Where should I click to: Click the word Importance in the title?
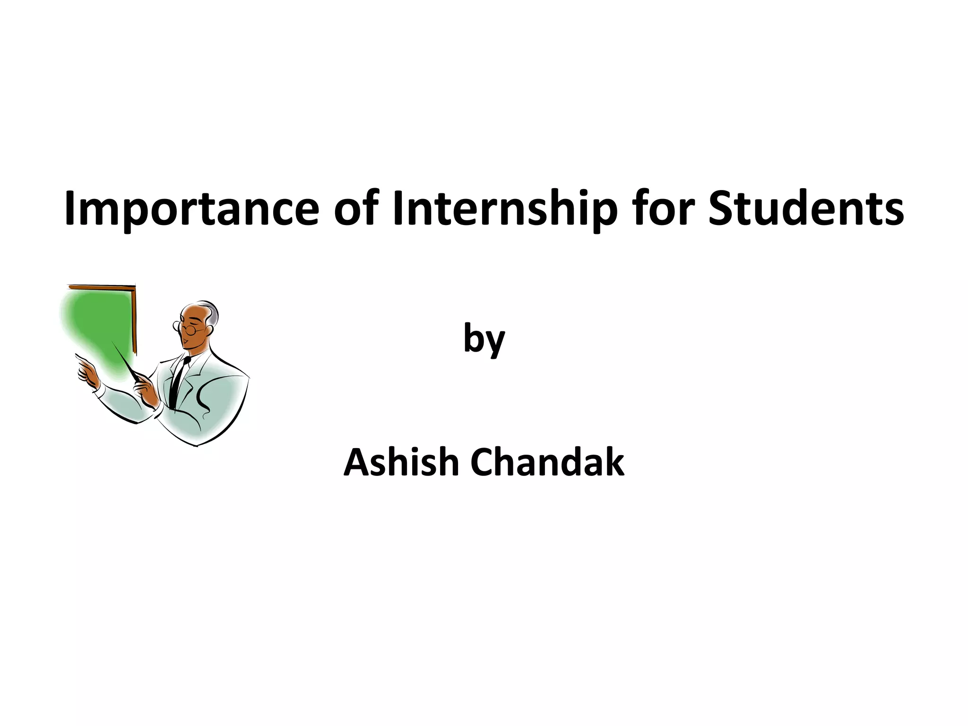click(191, 209)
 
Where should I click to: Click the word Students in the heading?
click(806, 209)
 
